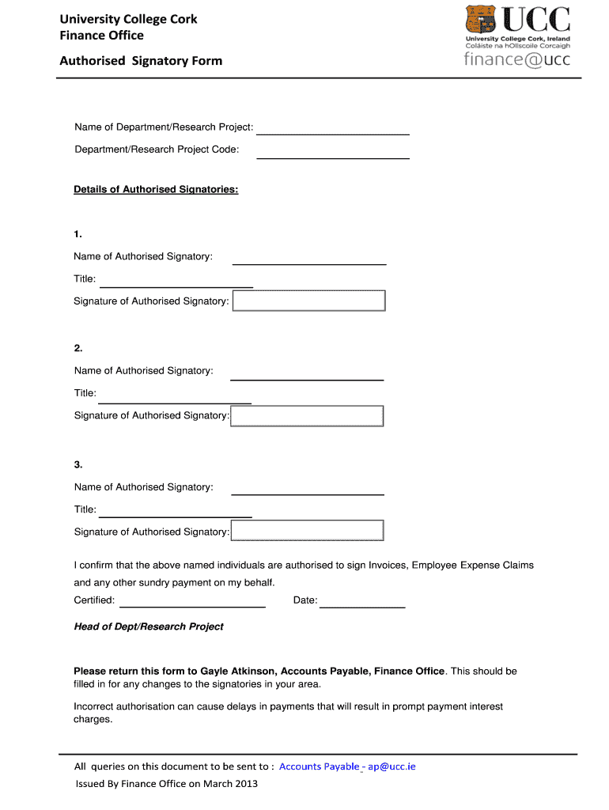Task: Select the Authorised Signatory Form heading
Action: pos(141,61)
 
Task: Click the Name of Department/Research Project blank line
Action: pos(333,133)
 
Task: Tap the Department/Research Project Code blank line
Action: pos(333,157)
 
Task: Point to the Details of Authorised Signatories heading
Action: pos(156,190)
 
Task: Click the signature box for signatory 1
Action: pos(308,301)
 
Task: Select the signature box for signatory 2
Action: pos(307,416)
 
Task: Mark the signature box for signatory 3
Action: pos(307,531)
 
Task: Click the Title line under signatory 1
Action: pos(176,285)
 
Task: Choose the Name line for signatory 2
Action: pos(307,378)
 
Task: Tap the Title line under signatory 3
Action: pos(176,515)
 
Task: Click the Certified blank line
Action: pos(191,605)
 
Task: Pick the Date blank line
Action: pos(362,605)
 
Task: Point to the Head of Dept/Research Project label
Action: pos(149,626)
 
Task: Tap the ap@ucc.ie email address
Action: pos(391,766)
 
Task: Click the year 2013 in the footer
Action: pos(246,784)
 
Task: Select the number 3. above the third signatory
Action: pos(78,464)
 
